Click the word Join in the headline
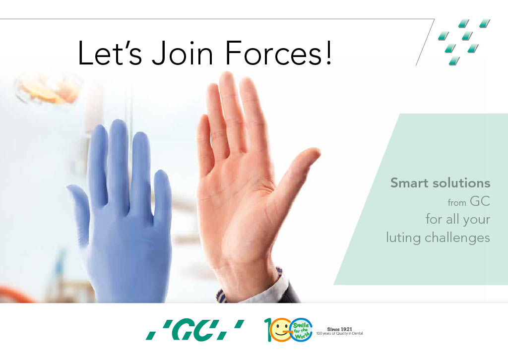[x=182, y=53]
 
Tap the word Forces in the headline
[x=273, y=53]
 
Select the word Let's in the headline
[x=110, y=53]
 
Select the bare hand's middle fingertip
[x=227, y=78]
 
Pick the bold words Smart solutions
[x=440, y=183]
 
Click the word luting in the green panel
[x=403, y=238]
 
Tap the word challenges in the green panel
[x=457, y=238]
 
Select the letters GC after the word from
[x=480, y=201]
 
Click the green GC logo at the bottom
[x=194, y=330]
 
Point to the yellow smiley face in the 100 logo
[x=279, y=330]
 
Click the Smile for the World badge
[x=301, y=330]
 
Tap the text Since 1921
[x=339, y=329]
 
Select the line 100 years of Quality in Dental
[x=339, y=333]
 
